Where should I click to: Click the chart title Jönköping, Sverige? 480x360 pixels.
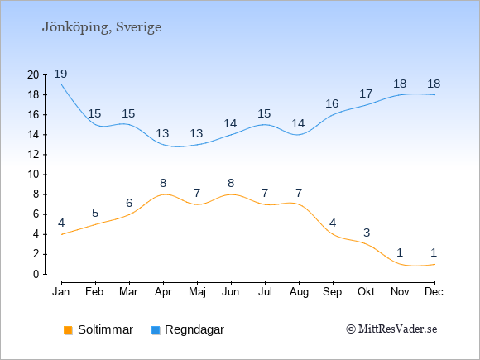[x=102, y=27]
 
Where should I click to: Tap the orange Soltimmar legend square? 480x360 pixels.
[x=68, y=330]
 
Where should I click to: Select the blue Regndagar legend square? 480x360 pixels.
[x=156, y=330]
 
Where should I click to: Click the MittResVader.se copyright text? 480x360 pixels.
[x=391, y=329]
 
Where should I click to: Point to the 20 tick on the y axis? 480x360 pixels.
[x=33, y=74]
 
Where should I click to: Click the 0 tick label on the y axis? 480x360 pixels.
[x=36, y=274]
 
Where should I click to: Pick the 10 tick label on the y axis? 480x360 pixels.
[x=33, y=175]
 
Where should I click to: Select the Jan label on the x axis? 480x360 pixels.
[x=61, y=292]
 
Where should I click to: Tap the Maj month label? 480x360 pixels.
[x=197, y=292]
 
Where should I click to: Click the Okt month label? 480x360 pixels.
[x=366, y=292]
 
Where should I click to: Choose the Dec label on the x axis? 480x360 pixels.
[x=434, y=292]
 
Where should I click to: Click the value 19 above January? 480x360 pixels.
[x=60, y=74]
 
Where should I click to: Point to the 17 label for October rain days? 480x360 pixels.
[x=366, y=94]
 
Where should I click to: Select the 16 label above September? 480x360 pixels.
[x=332, y=103]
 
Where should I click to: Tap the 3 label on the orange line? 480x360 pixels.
[x=367, y=233]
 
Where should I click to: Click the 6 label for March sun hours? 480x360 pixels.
[x=129, y=203]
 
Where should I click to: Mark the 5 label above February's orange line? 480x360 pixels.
[x=95, y=213]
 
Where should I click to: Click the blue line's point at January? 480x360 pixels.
[x=62, y=84]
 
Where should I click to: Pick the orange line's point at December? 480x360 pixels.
[x=434, y=264]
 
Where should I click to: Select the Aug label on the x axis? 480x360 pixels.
[x=299, y=292]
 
